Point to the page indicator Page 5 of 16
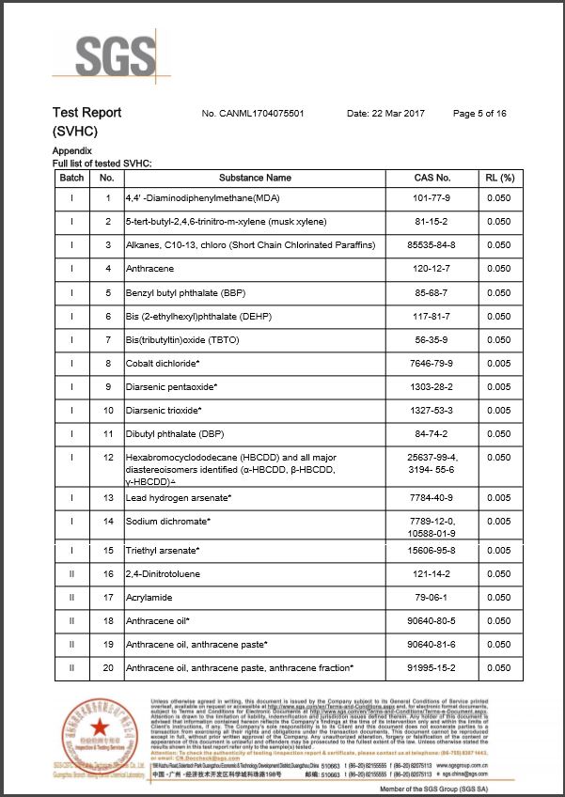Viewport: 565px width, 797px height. coord(479,114)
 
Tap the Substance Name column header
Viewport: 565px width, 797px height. coord(255,178)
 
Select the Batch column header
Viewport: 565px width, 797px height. coord(71,178)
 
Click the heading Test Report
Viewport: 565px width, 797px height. coord(86,113)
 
